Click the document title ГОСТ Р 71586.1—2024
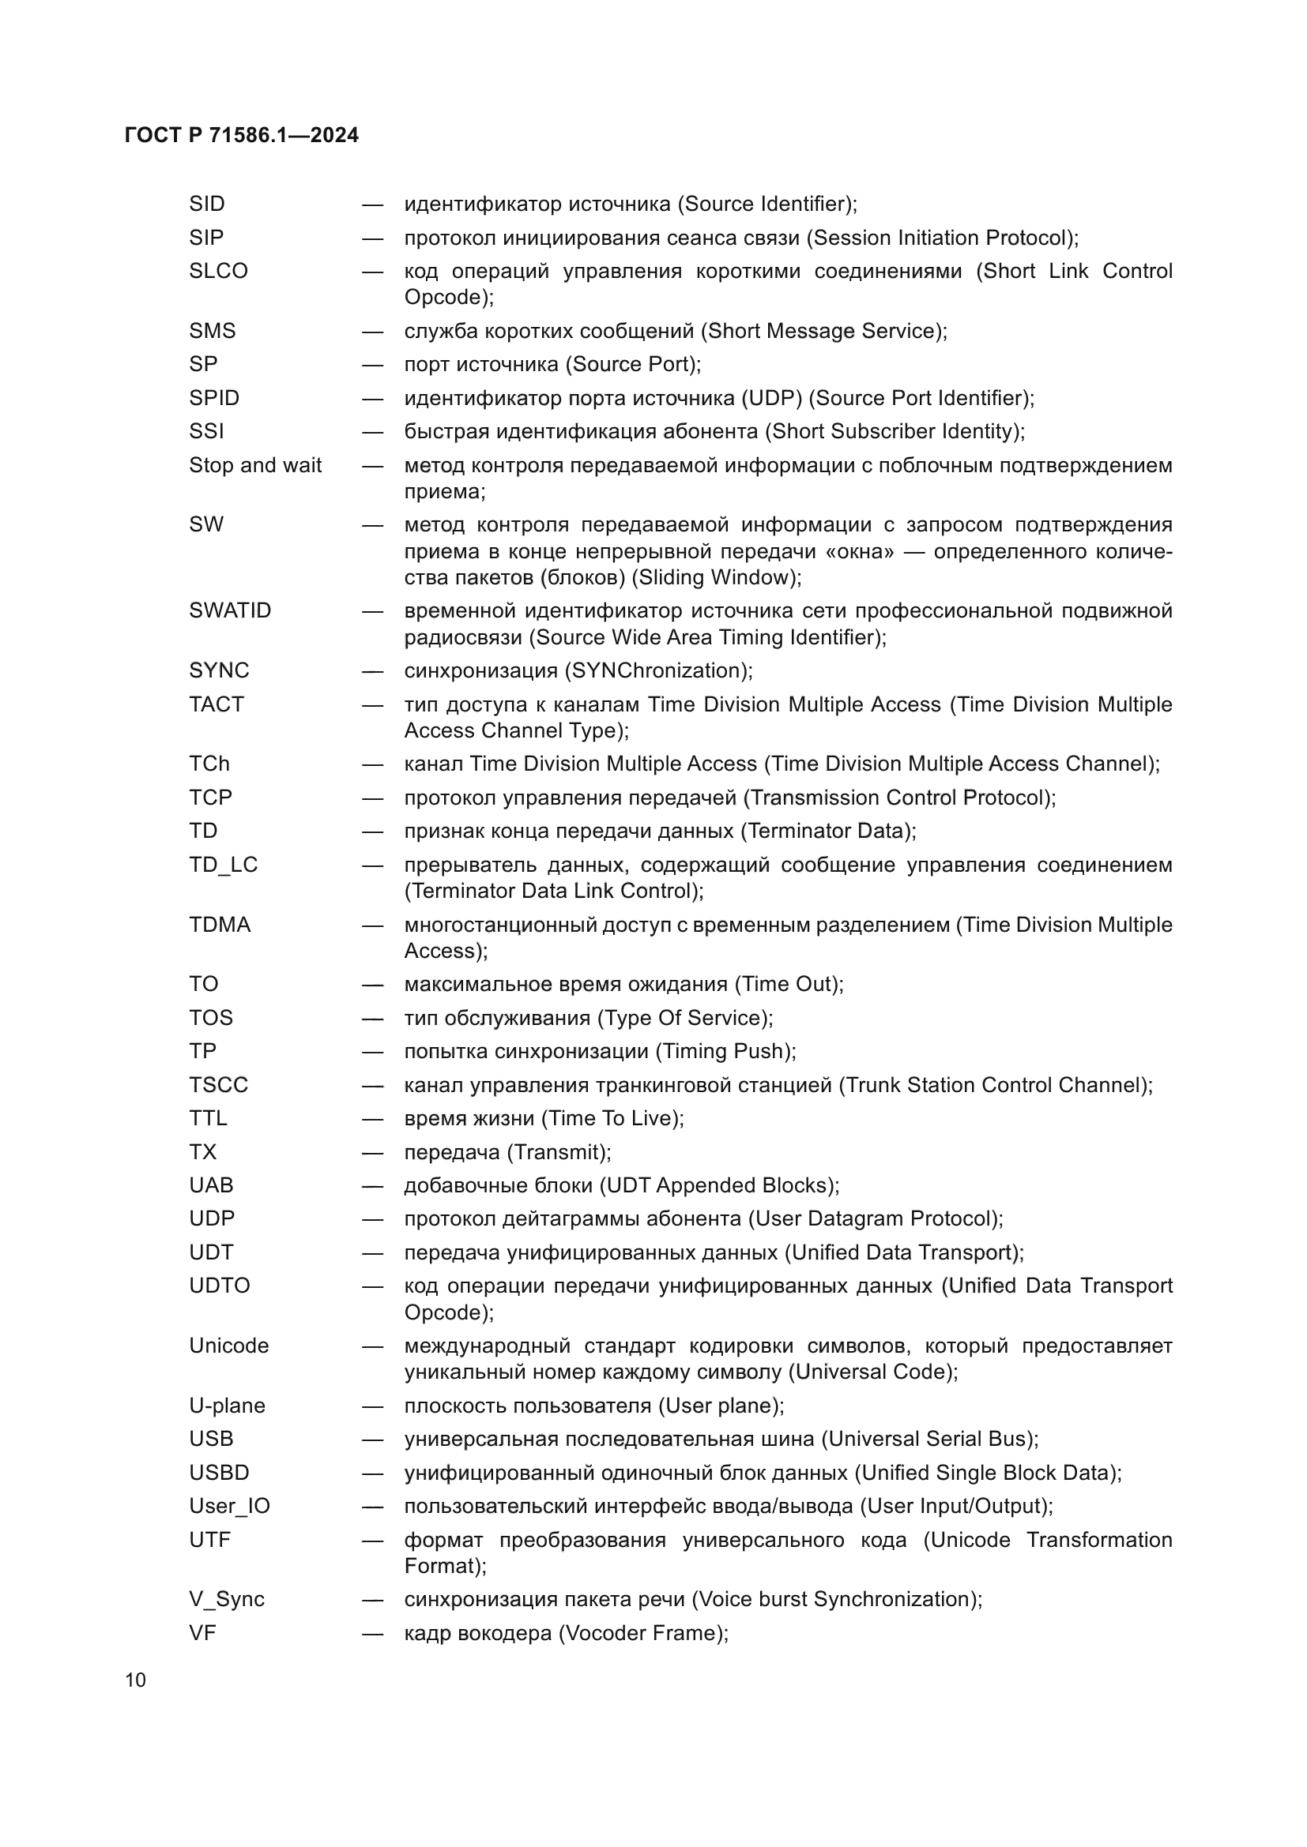click(x=242, y=135)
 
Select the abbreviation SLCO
click(x=218, y=271)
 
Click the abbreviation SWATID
click(x=230, y=610)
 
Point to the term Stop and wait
click(x=255, y=466)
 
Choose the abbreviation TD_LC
click(x=223, y=865)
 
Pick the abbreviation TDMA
click(x=220, y=925)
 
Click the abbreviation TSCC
click(x=218, y=1085)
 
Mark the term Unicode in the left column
click(x=228, y=1346)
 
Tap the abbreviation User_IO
click(x=229, y=1506)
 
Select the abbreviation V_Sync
click(x=226, y=1599)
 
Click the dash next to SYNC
click(x=372, y=671)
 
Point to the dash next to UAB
click(x=372, y=1186)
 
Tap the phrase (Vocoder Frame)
click(x=642, y=1633)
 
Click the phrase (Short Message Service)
click(x=822, y=332)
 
